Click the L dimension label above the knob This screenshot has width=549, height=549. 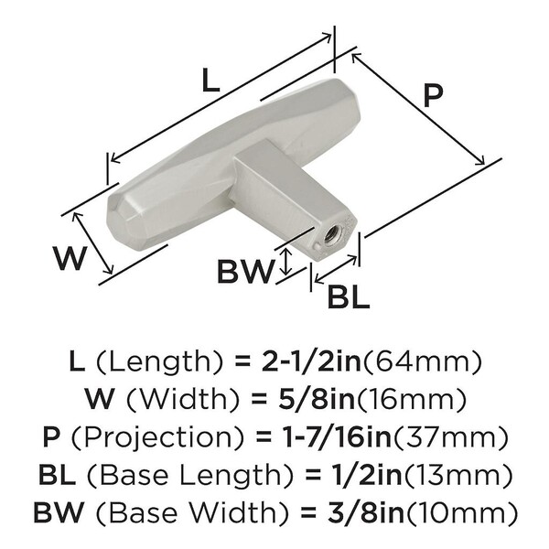[x=211, y=81]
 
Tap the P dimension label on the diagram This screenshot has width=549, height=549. [x=433, y=95]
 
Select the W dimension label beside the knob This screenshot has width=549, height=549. [x=70, y=258]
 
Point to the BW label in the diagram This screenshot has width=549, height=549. [x=245, y=271]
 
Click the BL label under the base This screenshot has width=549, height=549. [x=349, y=296]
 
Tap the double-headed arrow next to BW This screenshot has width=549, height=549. [x=286, y=262]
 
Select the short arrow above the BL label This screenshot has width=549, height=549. [x=336, y=269]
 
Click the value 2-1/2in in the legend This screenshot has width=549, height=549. [x=311, y=361]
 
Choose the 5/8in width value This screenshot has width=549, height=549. [x=317, y=399]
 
